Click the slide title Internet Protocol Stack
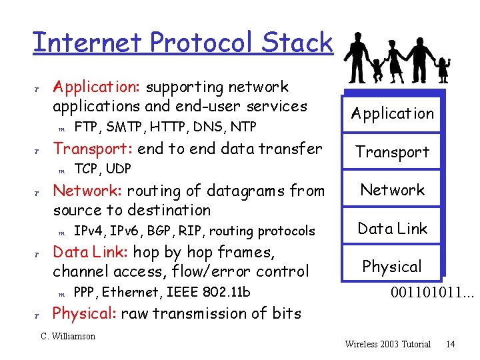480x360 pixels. pyautogui.click(x=182, y=43)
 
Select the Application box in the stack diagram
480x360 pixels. pyautogui.click(x=393, y=113)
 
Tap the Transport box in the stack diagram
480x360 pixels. pyautogui.click(x=393, y=152)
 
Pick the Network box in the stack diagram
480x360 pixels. pyautogui.click(x=393, y=190)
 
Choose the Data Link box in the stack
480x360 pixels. pyautogui.click(x=393, y=229)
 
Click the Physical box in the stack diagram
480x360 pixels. pyautogui.click(x=392, y=267)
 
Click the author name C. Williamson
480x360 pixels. pyautogui.click(x=68, y=336)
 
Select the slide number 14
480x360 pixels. pyautogui.click(x=451, y=344)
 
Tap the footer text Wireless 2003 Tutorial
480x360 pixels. pyautogui.click(x=388, y=344)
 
